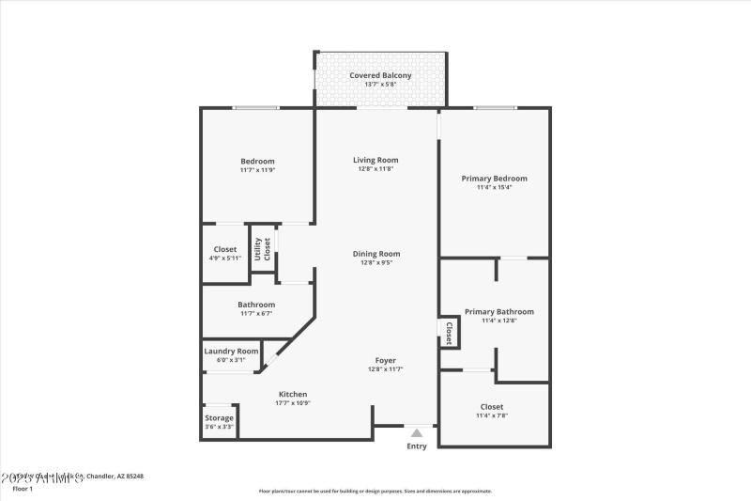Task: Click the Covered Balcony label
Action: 380,75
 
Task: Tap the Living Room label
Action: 375,160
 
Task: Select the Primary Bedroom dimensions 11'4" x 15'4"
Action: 494,187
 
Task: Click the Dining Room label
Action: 376,253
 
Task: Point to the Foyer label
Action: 385,360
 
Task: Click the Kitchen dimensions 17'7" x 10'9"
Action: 292,403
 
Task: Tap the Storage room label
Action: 219,418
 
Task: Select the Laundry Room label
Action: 231,351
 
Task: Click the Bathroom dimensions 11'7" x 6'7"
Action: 256,313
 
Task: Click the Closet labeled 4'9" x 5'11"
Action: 225,249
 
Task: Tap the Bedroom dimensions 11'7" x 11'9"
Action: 257,170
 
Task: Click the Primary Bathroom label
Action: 499,312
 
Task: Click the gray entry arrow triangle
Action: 416,432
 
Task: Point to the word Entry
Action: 416,446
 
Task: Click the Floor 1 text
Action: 23,489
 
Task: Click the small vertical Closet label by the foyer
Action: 449,333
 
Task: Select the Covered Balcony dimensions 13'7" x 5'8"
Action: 380,85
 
